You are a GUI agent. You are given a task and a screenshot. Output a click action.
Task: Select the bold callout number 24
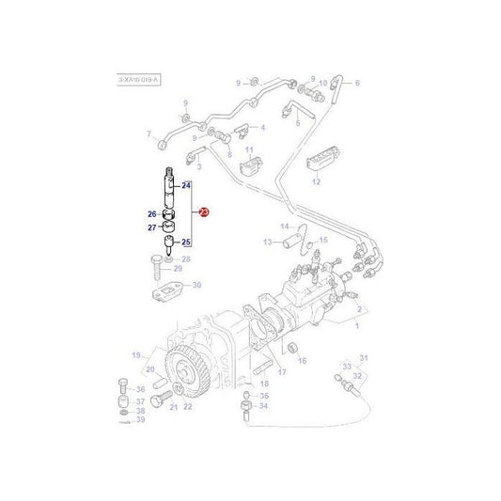point(186,186)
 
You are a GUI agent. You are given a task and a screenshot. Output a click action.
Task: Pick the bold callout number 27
point(151,227)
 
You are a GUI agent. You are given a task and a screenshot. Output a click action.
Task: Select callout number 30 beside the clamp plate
point(196,285)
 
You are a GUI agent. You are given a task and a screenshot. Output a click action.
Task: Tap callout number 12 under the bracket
point(316,180)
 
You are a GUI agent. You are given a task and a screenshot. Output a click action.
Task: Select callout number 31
point(366,357)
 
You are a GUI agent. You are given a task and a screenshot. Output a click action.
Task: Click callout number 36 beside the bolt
point(140,389)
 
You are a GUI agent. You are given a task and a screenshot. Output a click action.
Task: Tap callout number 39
point(140,419)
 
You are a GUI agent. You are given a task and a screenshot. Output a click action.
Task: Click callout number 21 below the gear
point(173,406)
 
